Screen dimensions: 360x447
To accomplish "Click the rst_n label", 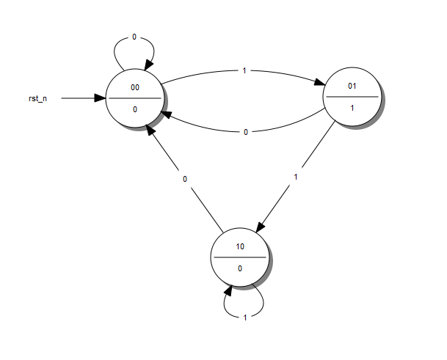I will coord(38,98).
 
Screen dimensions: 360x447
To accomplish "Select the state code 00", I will coord(135,87).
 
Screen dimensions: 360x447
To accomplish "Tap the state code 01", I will coord(352,87).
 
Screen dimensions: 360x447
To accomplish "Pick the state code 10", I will coord(240,246).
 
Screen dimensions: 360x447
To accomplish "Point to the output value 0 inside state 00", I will coord(135,109).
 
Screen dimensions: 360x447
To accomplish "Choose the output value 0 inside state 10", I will coord(240,268).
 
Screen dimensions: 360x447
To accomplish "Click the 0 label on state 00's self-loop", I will coord(134,37).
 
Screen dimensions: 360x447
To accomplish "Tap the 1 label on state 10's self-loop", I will coord(245,317).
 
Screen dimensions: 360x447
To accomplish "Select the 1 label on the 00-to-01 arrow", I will coord(244,70).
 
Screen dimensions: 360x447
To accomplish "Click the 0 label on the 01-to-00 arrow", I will coord(245,132).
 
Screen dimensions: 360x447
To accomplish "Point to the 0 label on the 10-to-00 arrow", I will coord(185,178).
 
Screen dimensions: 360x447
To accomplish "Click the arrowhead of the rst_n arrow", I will coord(101,98).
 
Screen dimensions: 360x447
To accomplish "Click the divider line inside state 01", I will coord(352,97).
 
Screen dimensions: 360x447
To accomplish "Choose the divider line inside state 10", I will coord(240,257).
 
